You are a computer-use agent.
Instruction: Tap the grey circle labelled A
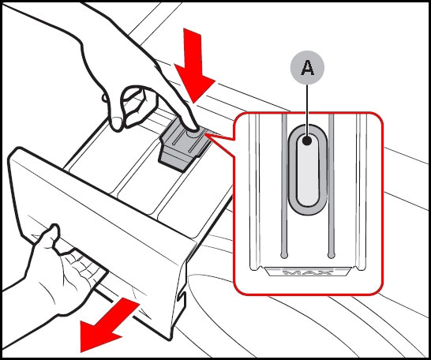(307, 68)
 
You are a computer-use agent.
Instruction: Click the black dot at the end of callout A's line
(307, 141)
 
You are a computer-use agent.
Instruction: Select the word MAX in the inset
(307, 272)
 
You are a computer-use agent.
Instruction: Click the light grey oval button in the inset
(308, 170)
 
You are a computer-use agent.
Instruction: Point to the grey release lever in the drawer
(184, 145)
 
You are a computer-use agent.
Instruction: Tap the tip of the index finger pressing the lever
(193, 129)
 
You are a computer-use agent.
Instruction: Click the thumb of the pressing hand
(117, 121)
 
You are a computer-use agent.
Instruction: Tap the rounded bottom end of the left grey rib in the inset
(284, 255)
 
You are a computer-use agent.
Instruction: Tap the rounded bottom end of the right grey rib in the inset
(332, 255)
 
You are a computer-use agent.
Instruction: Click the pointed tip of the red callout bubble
(206, 135)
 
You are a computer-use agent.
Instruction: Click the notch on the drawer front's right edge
(182, 295)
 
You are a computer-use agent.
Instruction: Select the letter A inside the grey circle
(307, 68)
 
